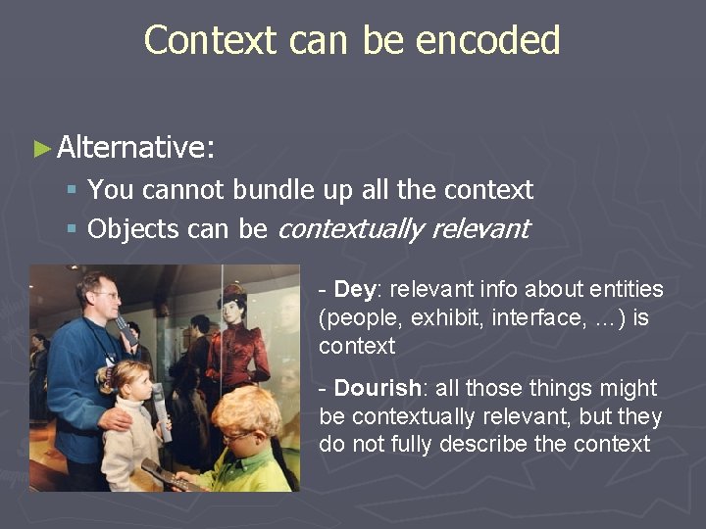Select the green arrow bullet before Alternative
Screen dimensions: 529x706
point(41,149)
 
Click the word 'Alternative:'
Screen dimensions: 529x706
point(136,148)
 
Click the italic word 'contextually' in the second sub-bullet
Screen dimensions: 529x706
point(350,229)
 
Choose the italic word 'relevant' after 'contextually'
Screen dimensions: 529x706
point(480,229)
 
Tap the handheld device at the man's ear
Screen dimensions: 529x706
point(126,328)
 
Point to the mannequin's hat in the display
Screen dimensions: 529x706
point(233,292)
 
